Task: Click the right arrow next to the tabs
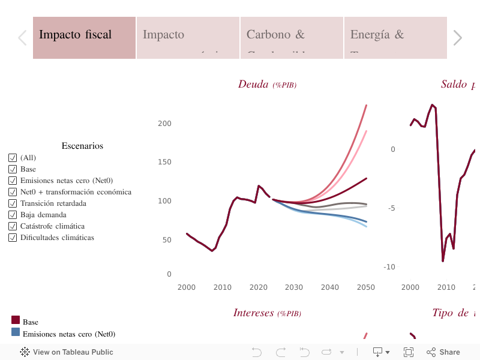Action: tap(457, 38)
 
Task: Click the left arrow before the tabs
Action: tap(22, 38)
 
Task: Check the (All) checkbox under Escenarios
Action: tap(12, 158)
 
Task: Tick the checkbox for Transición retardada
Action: tap(12, 203)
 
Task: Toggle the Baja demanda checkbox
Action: tap(12, 215)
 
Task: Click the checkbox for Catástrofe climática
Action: tap(12, 226)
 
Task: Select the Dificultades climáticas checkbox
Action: tap(12, 238)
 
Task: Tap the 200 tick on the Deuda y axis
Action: tap(164, 124)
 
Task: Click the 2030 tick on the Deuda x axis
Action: tap(294, 287)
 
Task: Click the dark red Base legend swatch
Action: tap(16, 320)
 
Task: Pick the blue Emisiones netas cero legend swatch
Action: tap(16, 332)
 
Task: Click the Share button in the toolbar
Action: tap(443, 352)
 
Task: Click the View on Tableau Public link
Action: tap(67, 352)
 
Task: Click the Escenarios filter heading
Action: tap(82, 146)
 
